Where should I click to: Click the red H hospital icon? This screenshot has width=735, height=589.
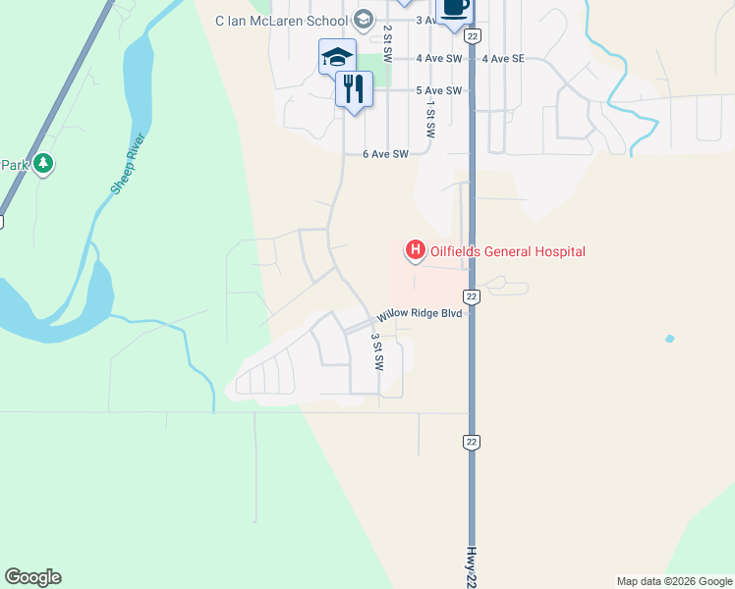(415, 251)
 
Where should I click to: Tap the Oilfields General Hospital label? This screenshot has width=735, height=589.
(508, 252)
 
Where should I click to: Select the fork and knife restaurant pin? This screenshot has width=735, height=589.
(354, 89)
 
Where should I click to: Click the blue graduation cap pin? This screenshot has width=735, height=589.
(336, 56)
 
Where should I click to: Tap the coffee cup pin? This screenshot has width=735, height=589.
(453, 8)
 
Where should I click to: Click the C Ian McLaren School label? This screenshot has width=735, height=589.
(282, 19)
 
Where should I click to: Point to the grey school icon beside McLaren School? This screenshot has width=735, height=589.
(363, 19)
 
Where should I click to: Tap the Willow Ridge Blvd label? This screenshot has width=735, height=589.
(421, 316)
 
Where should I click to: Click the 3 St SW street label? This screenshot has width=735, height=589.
(376, 350)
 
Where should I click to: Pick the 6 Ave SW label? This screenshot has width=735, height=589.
(385, 154)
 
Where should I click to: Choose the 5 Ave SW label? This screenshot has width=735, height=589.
(438, 91)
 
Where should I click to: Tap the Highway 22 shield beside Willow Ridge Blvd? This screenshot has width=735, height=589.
(472, 296)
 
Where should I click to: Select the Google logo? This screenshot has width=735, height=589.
(32, 577)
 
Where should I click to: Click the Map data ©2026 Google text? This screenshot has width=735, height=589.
(674, 581)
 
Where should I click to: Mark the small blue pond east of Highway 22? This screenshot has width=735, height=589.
(669, 339)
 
